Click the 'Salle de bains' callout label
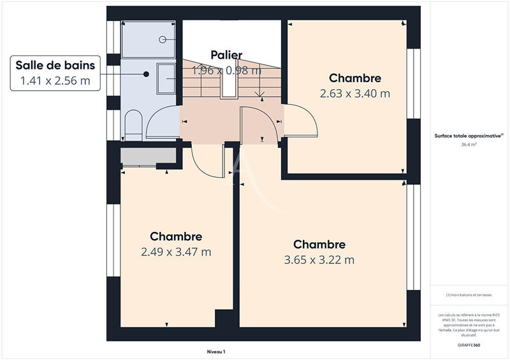pos(55,65)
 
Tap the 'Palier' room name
pos(226,55)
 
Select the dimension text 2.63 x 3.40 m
pos(355,93)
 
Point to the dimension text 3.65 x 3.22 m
pos(319,259)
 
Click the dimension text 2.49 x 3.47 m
pos(176,252)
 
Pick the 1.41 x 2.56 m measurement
pos(55,80)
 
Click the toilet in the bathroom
pos(133,125)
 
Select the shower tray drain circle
pos(163,40)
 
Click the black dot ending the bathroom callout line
pos(147,74)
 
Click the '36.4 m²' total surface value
pos(469,145)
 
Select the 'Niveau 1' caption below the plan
pos(216,351)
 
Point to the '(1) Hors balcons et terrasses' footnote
pos(469,294)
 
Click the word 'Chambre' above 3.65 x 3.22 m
pos(319,245)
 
